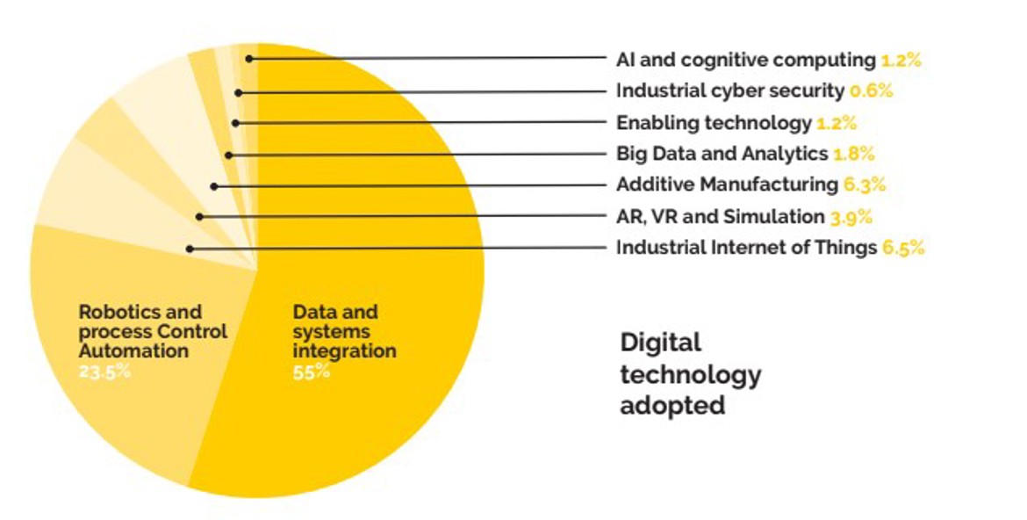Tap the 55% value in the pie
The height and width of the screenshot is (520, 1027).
311,372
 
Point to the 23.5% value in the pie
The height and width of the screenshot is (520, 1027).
104,372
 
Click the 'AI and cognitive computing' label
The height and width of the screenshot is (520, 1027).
745,61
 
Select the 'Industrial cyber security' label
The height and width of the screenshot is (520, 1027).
730,90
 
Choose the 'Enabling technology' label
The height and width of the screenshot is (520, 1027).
714,123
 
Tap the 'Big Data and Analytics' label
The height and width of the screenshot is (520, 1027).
722,154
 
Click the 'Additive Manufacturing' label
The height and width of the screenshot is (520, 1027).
727,184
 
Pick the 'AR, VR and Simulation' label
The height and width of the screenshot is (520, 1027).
721,216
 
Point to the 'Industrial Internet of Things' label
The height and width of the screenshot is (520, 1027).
746,248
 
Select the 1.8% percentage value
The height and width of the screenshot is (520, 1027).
853,154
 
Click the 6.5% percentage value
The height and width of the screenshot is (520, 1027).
903,248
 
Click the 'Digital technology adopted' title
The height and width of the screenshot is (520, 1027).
690,374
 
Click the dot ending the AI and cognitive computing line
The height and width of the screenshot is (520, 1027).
249,59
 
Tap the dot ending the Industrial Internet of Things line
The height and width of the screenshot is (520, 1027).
190,249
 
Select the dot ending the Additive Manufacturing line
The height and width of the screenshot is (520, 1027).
214,185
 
